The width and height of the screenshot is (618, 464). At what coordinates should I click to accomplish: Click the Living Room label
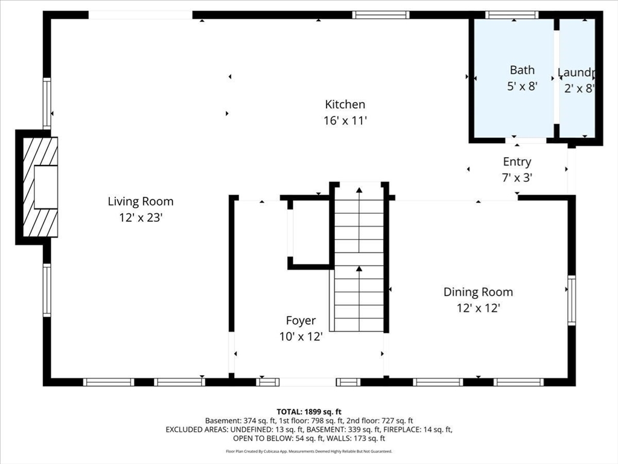click(141, 202)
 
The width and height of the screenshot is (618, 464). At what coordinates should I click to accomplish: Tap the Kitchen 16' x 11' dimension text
click(345, 121)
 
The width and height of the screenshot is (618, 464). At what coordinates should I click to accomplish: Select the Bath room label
click(522, 70)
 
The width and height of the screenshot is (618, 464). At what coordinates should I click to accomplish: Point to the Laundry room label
click(577, 73)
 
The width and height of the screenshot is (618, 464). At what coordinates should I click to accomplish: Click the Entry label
click(517, 162)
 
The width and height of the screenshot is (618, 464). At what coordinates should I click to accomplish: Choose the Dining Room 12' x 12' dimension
click(478, 308)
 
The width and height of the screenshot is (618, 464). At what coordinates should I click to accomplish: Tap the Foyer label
click(301, 321)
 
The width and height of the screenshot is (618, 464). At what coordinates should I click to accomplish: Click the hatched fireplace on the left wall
click(37, 187)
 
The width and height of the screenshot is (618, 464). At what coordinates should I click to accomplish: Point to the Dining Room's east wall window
click(571, 292)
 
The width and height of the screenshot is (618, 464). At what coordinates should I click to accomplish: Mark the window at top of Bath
click(512, 15)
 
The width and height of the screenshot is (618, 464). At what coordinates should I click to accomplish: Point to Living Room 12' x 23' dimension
click(141, 217)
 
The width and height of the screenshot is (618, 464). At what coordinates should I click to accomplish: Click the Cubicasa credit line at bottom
click(309, 451)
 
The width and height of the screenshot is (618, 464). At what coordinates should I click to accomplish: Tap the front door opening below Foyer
click(308, 382)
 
